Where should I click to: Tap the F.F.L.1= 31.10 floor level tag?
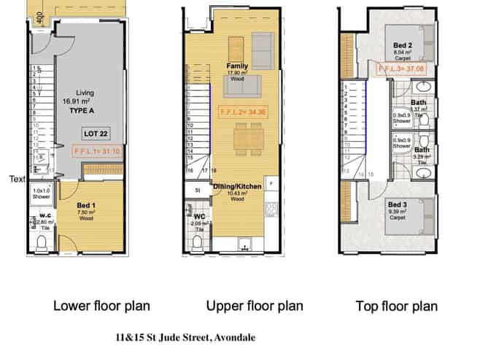click(x=97, y=153)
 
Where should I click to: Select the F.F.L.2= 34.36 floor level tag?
click(x=244, y=112)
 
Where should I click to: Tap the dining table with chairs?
click(x=244, y=136)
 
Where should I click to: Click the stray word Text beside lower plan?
click(x=18, y=178)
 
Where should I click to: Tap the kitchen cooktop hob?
click(x=271, y=210)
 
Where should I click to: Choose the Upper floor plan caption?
click(x=255, y=305)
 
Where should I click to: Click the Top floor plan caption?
click(x=397, y=305)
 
